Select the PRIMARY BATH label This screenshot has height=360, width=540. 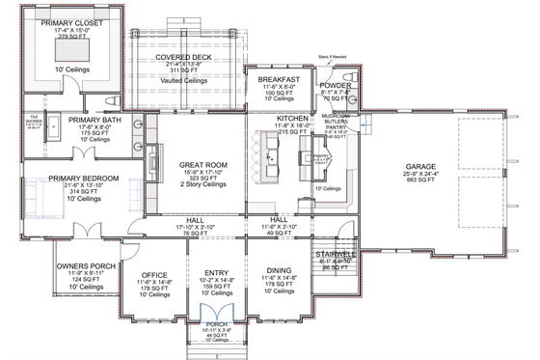(x=93, y=121)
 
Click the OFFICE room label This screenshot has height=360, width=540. (x=154, y=275)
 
